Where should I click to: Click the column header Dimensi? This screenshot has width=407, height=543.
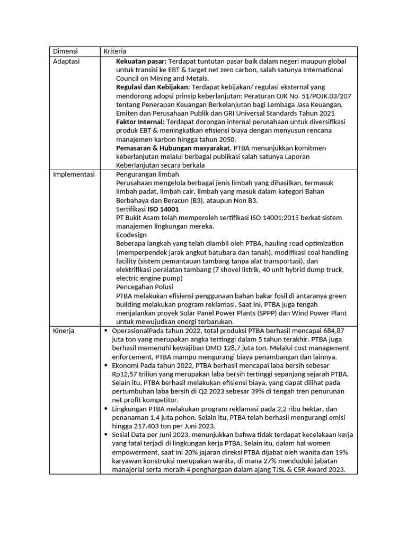65,51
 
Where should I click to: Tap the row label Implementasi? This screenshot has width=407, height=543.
74,174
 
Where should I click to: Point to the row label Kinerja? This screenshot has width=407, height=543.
64,330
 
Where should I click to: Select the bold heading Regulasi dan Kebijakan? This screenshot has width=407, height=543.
152,86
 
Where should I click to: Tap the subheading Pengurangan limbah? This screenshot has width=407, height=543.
147,174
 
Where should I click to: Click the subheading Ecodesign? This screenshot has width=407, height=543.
131,234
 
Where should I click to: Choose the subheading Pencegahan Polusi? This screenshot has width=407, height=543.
144,286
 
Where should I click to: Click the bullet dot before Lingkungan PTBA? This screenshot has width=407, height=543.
107,409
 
